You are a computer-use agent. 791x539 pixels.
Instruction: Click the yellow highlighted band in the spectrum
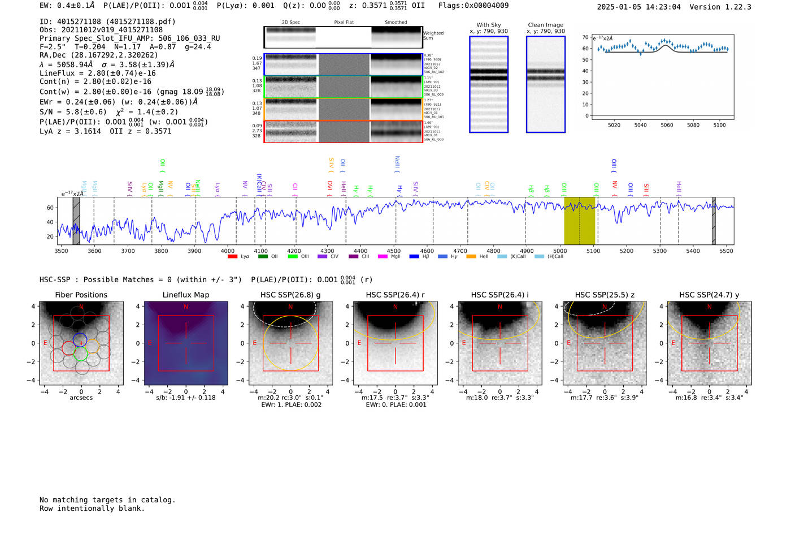[580, 221]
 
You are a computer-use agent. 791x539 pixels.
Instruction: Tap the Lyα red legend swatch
[232, 257]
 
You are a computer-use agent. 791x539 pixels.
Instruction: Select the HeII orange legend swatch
[471, 257]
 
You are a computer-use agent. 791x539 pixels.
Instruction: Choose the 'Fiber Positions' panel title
[81, 295]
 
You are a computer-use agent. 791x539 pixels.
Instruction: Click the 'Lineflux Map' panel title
[186, 295]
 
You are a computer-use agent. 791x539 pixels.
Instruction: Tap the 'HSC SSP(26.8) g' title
[290, 295]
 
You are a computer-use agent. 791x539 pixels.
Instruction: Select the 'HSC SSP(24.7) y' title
[709, 295]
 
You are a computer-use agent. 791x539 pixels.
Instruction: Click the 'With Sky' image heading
[489, 25]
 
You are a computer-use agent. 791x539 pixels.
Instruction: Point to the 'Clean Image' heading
[546, 25]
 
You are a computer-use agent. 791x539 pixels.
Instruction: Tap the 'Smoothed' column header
[396, 22]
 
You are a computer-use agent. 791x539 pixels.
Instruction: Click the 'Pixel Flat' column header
[344, 22]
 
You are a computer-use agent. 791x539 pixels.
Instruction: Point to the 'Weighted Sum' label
[433, 35]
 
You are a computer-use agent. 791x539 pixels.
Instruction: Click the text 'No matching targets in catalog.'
[107, 499]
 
